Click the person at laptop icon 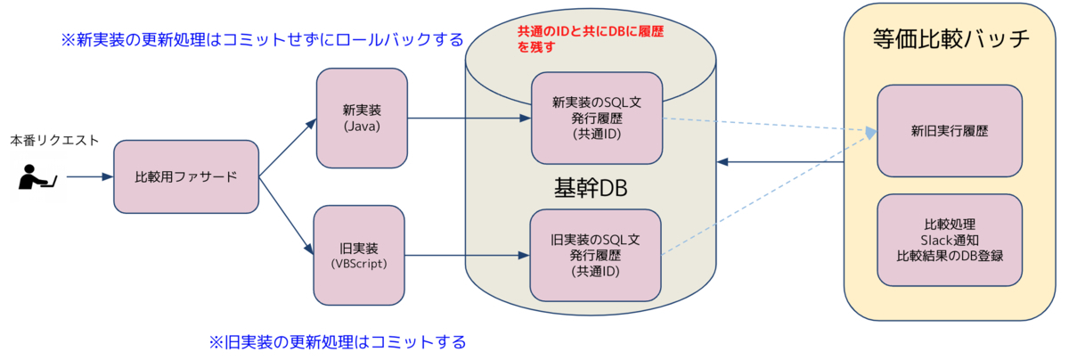pyautogui.click(x=37, y=176)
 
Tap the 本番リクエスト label pyautogui.click(x=54, y=141)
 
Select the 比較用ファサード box pyautogui.click(x=186, y=176)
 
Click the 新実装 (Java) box pyautogui.click(x=362, y=117)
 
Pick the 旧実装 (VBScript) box pyautogui.click(x=362, y=254)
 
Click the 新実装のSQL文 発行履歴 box pyautogui.click(x=596, y=119)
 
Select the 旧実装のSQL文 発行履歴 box pyautogui.click(x=596, y=255)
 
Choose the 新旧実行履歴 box pyautogui.click(x=950, y=131)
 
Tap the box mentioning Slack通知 pyautogui.click(x=950, y=240)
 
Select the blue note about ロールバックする pyautogui.click(x=261, y=40)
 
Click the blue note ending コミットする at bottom pyautogui.click(x=338, y=342)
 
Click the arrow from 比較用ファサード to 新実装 pyautogui.click(x=287, y=146)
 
